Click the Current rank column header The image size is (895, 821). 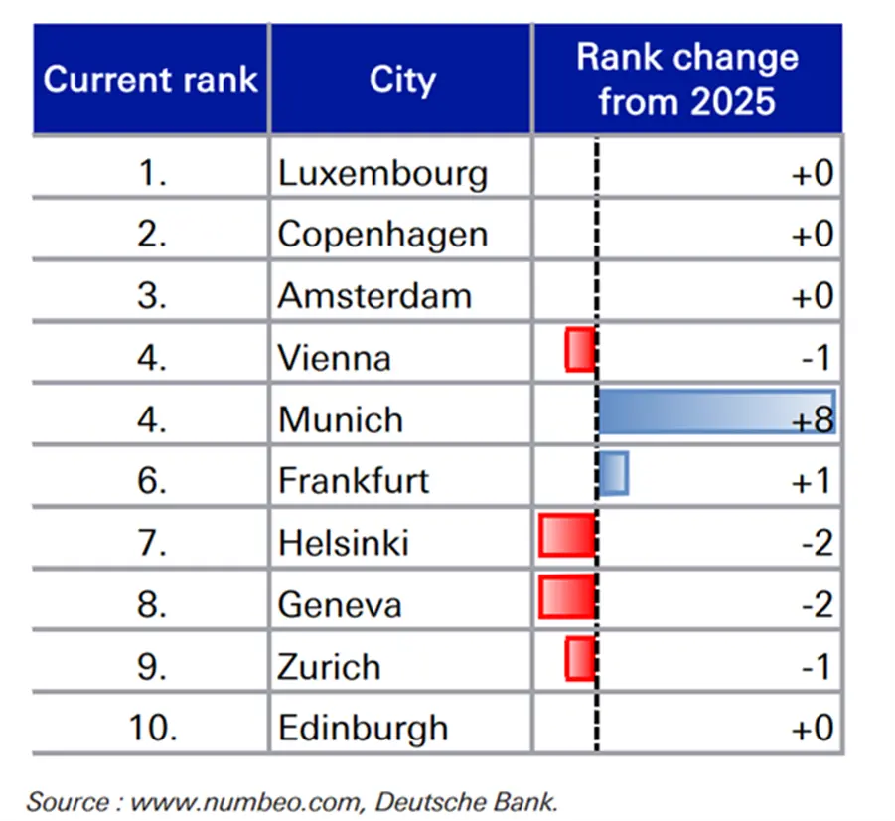pyautogui.click(x=150, y=80)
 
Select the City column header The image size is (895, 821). pyautogui.click(x=402, y=80)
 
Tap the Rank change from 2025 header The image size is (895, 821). pyautogui.click(x=687, y=80)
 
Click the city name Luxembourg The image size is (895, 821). pyautogui.click(x=382, y=173)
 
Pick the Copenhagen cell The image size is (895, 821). pyautogui.click(x=382, y=235)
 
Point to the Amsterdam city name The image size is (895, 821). pyautogui.click(x=374, y=296)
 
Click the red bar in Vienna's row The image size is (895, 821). pyautogui.click(x=580, y=350)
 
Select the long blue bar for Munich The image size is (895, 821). pyautogui.click(x=717, y=411)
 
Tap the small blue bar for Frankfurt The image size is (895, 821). pyautogui.click(x=614, y=473)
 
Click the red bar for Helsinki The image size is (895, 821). pyautogui.click(x=567, y=535)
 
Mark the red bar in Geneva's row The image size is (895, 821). pyautogui.click(x=567, y=597)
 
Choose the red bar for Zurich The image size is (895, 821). pyautogui.click(x=580, y=659)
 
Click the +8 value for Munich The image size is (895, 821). pyautogui.click(x=813, y=420)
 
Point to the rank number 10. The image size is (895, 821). pyautogui.click(x=152, y=728)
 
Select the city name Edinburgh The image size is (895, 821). pyautogui.click(x=363, y=729)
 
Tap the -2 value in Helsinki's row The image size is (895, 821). pyautogui.click(x=818, y=543)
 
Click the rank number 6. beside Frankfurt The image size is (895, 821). pyautogui.click(x=152, y=481)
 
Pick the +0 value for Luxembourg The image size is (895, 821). pyautogui.click(x=813, y=173)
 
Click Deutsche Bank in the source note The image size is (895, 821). pyautogui.click(x=466, y=802)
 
